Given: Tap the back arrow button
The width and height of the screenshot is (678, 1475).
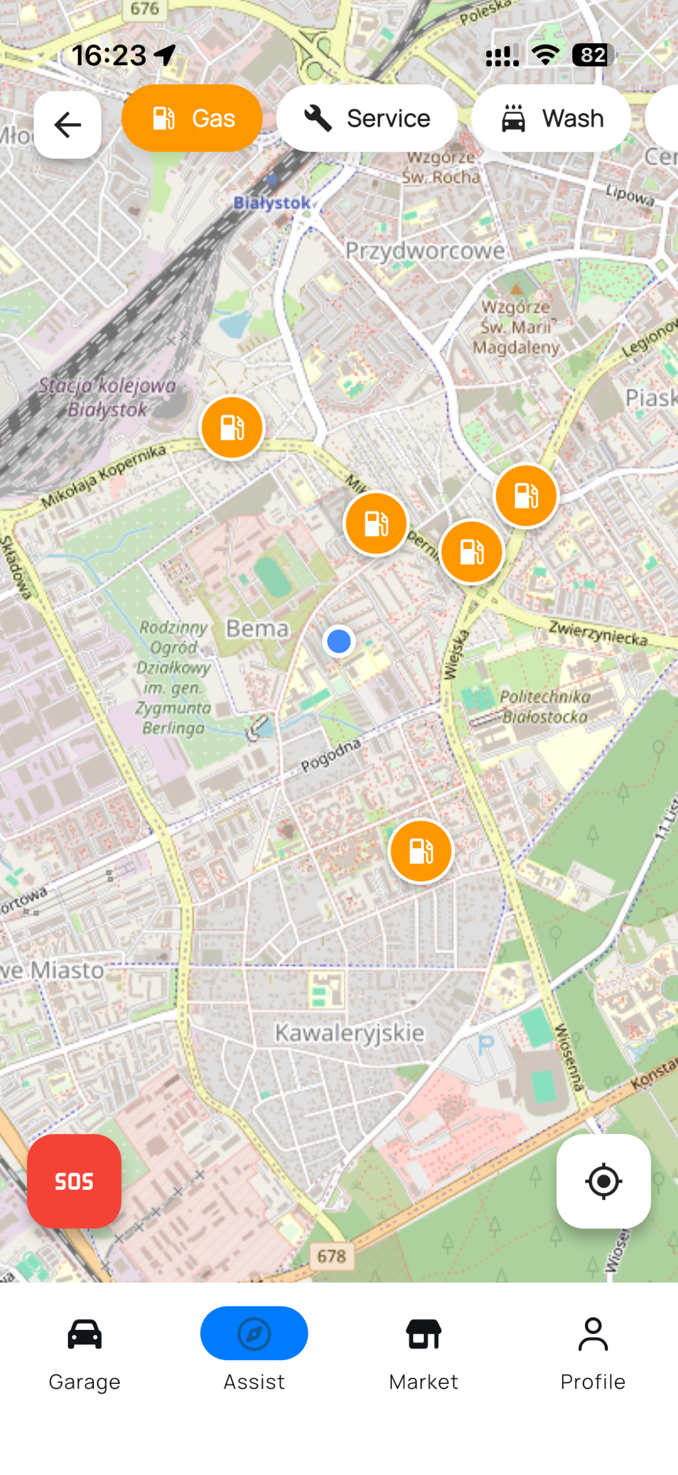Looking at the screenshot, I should pyautogui.click(x=67, y=124).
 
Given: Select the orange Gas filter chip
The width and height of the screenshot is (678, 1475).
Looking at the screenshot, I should pyautogui.click(x=192, y=118).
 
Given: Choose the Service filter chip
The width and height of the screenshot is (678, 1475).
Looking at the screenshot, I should pyautogui.click(x=366, y=118).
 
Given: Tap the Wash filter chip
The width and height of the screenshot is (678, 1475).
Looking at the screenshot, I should pyautogui.click(x=551, y=118).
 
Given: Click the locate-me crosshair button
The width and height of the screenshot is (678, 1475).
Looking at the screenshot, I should pyautogui.click(x=603, y=1181).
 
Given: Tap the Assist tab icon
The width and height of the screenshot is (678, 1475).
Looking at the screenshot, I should pyautogui.click(x=254, y=1333).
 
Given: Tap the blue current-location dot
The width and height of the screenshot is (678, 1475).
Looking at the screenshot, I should pyautogui.click(x=339, y=641).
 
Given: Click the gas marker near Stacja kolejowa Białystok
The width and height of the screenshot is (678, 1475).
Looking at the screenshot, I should pyautogui.click(x=232, y=428).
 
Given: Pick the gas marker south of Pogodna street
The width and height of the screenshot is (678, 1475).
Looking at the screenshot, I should pyautogui.click(x=421, y=851).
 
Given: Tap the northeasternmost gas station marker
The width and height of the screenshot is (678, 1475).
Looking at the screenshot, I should pyautogui.click(x=526, y=496).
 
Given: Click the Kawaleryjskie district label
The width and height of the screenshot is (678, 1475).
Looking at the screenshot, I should pyautogui.click(x=349, y=1033).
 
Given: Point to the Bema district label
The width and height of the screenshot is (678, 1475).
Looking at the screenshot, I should pyautogui.click(x=257, y=629).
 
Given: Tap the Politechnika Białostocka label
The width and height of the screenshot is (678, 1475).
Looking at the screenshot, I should pyautogui.click(x=544, y=707).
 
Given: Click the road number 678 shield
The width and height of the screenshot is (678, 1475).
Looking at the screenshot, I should pyautogui.click(x=332, y=1256).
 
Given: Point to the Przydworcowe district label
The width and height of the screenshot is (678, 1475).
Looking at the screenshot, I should pyautogui.click(x=425, y=251).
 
